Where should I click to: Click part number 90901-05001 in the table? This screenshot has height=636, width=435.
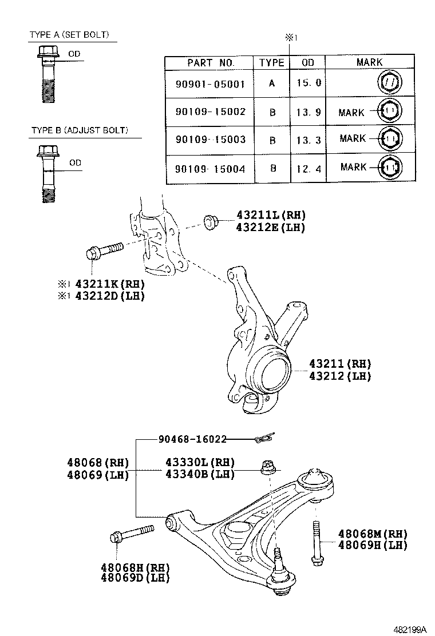[210, 84]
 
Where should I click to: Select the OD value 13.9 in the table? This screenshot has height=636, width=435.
[309, 112]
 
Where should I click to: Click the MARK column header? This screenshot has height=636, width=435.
[369, 62]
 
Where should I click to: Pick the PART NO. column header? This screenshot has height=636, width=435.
[210, 62]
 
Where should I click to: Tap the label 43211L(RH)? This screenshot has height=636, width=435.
[271, 215]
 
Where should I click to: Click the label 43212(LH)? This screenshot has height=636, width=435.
[340, 376]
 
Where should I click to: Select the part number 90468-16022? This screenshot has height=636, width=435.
[192, 439]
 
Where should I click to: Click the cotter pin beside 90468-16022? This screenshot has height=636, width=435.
[265, 439]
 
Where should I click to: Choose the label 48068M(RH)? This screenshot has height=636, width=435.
[372, 533]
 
